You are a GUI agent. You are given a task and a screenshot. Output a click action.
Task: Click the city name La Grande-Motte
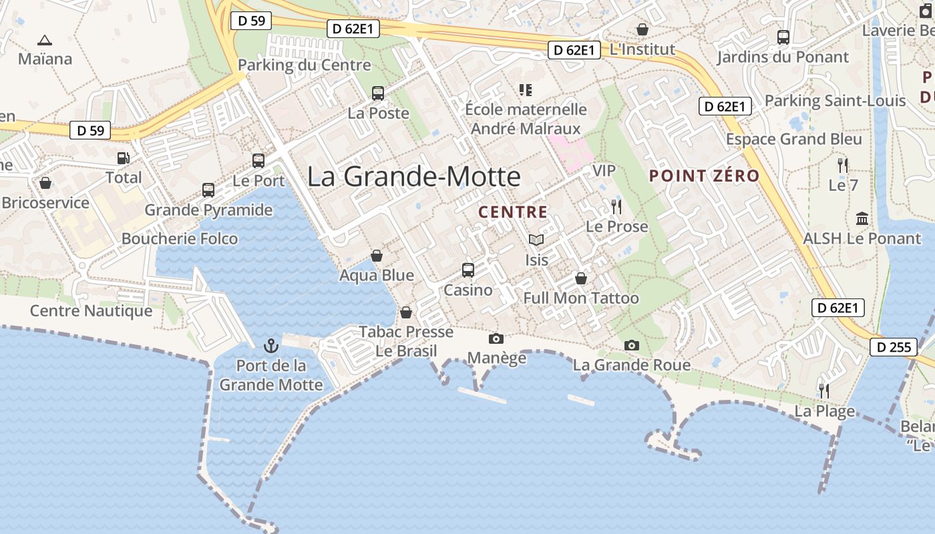coord(413,176)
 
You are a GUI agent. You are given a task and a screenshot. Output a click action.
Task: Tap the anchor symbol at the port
coord(270,346)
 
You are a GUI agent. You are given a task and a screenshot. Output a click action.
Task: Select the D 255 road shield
coord(892,347)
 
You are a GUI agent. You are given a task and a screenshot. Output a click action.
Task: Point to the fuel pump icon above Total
coord(124,158)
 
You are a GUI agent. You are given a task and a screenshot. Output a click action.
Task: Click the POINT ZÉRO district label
coord(705,176)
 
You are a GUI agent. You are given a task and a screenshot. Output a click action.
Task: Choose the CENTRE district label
coord(513,212)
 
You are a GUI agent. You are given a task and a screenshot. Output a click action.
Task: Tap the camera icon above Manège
coord(496,339)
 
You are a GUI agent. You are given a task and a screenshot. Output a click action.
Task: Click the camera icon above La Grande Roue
coord(631,345)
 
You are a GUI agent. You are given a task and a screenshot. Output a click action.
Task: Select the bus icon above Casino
coord(468,270)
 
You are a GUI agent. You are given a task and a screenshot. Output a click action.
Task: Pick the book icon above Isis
coord(536,240)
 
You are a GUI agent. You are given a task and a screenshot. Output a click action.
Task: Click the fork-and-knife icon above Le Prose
coord(616,207)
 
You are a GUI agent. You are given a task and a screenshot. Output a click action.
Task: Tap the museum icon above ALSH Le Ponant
coord(862,219)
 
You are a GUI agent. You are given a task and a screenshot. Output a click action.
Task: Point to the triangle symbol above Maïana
coord(45,40)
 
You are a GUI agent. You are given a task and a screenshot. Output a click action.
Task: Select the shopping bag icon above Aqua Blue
coord(377,256)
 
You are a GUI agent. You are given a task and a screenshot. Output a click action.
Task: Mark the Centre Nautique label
coord(91,310)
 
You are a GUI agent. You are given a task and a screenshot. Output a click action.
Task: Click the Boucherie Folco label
coord(179,238)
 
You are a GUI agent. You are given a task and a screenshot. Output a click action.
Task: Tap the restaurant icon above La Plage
coord(824,390)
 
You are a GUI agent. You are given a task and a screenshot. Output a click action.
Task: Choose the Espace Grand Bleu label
coord(794,140)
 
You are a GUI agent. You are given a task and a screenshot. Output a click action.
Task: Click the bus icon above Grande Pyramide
coord(208,190)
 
